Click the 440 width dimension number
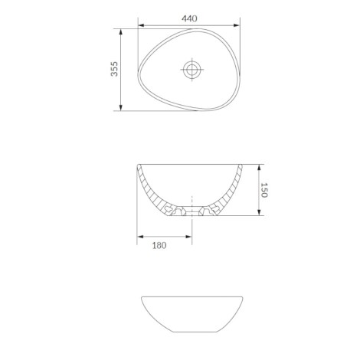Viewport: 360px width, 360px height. click(189, 18)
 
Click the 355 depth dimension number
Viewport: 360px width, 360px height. click(114, 69)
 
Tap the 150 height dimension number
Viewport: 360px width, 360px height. click(264, 190)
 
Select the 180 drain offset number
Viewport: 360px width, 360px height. click(159, 245)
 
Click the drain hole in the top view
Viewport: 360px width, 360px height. click(192, 69)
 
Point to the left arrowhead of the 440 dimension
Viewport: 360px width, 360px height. click(141, 25)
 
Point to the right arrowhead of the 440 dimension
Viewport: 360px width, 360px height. click(237, 25)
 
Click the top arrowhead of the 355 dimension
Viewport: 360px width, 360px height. click(121, 32)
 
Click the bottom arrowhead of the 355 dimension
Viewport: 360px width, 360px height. click(121, 107)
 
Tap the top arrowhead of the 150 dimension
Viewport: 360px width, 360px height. click(259, 168)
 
